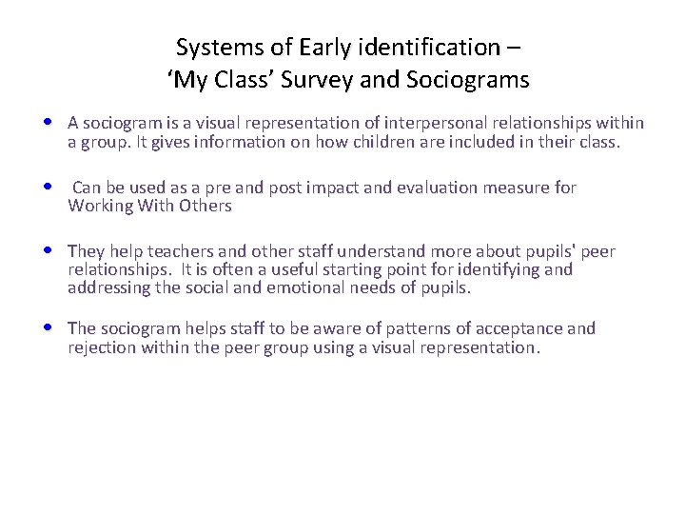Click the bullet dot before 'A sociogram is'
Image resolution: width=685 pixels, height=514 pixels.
(x=49, y=123)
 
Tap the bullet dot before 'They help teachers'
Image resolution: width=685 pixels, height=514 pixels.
(x=49, y=251)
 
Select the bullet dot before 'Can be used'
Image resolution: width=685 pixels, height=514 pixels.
(x=49, y=188)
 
